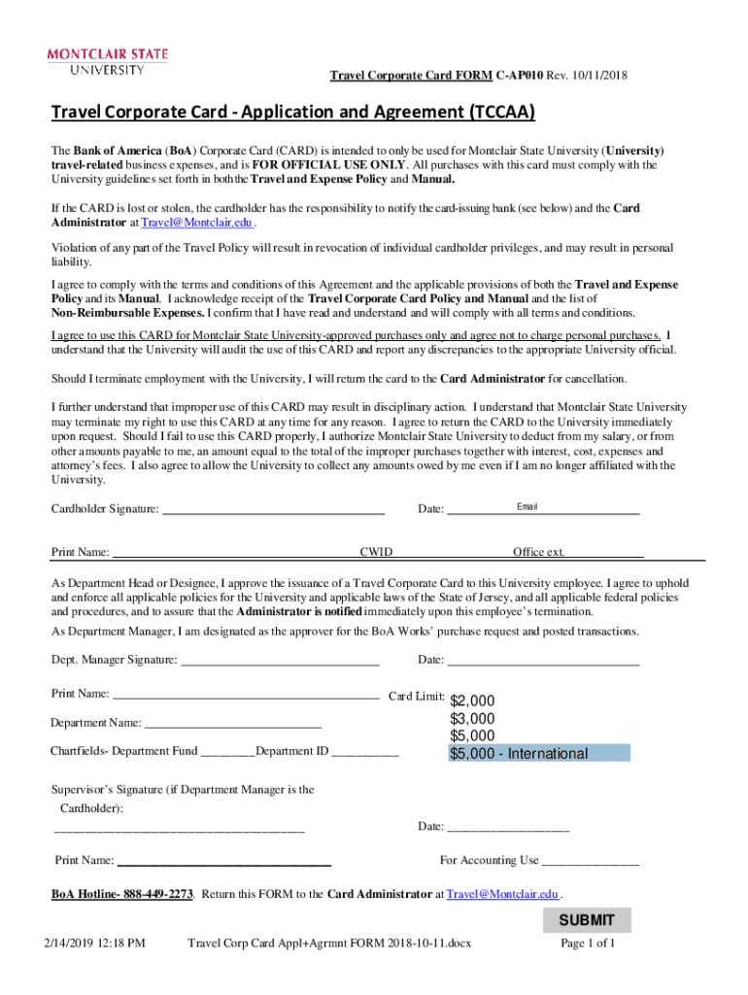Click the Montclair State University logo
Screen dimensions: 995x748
(x=108, y=60)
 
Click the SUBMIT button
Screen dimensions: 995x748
(x=586, y=920)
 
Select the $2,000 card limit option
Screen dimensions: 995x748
(x=472, y=702)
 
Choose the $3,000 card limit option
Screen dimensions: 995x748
(x=472, y=719)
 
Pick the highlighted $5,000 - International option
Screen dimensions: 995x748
(x=539, y=754)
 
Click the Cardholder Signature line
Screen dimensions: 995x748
(x=273, y=509)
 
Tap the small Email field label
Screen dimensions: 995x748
(x=527, y=507)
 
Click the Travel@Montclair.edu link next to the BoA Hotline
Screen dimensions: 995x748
(x=502, y=894)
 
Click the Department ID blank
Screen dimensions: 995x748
(x=365, y=751)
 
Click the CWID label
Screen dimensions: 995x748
(x=376, y=553)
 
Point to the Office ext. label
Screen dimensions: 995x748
(x=538, y=553)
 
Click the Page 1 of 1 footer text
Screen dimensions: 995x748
(x=588, y=944)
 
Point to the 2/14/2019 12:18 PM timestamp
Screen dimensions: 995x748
(x=94, y=944)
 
